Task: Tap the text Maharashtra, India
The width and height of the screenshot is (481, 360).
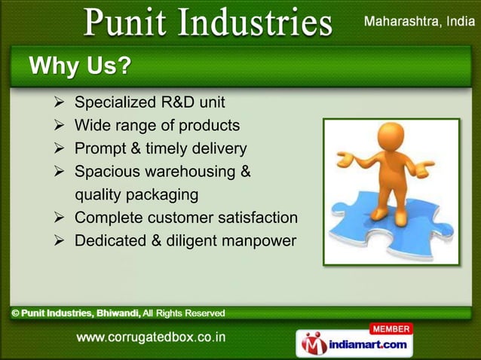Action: [x=419, y=22]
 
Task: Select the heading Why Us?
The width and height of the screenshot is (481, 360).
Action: [x=78, y=67]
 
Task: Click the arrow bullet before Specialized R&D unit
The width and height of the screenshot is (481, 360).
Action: [x=62, y=102]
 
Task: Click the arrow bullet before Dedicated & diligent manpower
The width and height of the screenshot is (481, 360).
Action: [x=62, y=241]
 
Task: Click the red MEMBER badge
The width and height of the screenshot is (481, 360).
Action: [x=391, y=328]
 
